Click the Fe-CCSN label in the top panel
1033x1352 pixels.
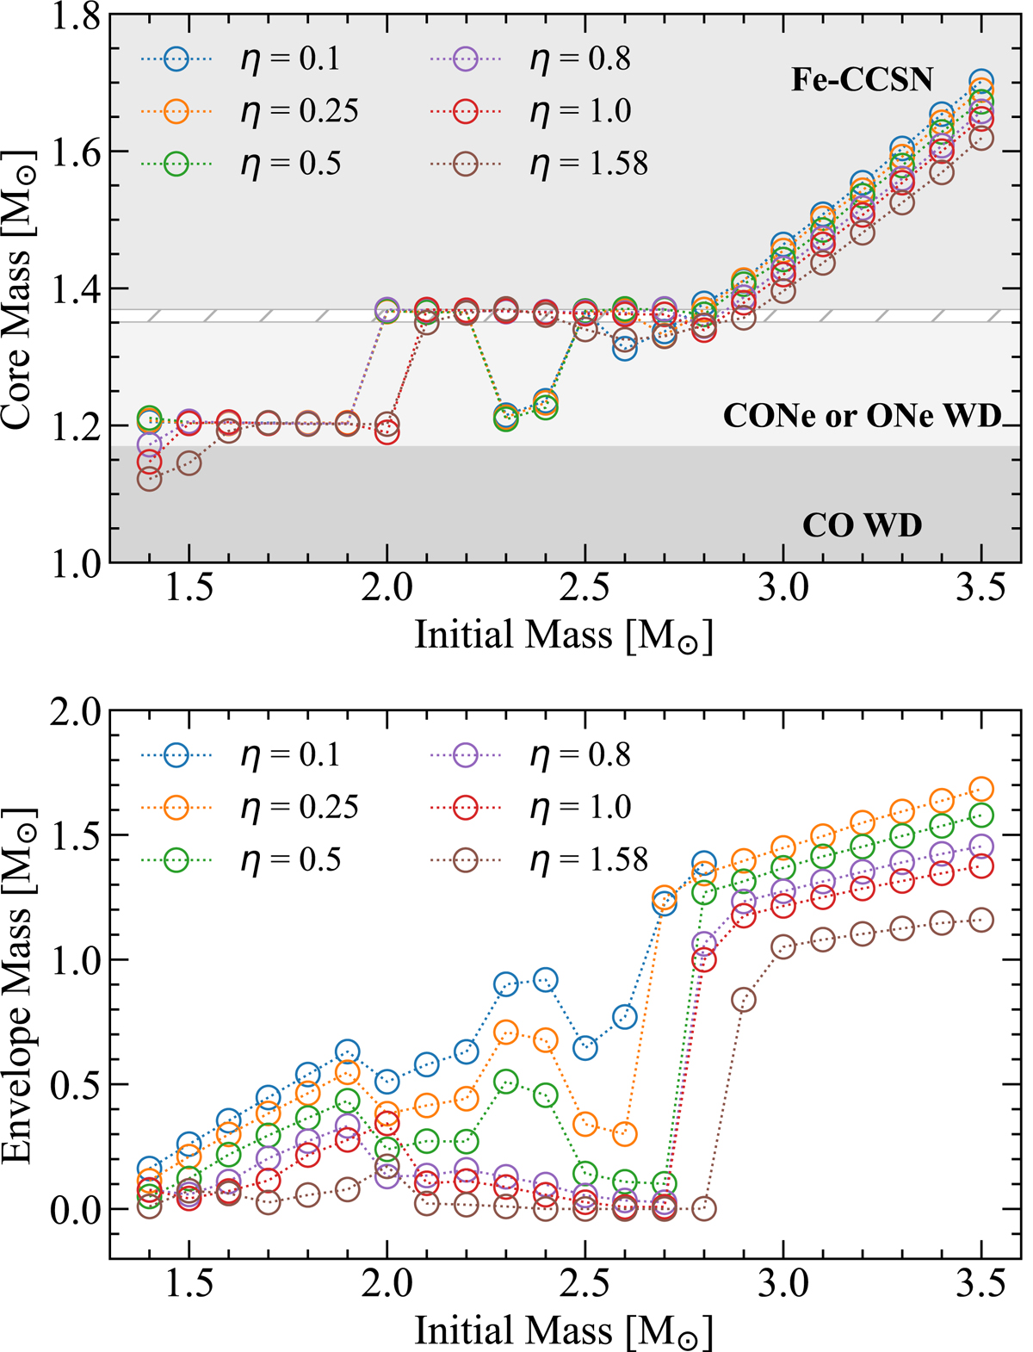pos(862,80)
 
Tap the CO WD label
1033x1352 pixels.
pos(862,524)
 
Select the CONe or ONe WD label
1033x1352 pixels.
pos(862,416)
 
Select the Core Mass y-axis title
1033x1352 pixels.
pos(19,288)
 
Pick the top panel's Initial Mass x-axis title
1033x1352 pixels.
pos(564,636)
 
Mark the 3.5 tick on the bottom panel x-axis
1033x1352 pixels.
pos(980,1285)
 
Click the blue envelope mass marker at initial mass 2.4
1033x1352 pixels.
pos(545,979)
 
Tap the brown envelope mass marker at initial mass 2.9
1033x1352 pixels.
pos(744,999)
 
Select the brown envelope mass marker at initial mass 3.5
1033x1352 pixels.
pos(981,920)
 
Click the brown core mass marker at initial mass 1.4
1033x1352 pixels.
pos(149,479)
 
